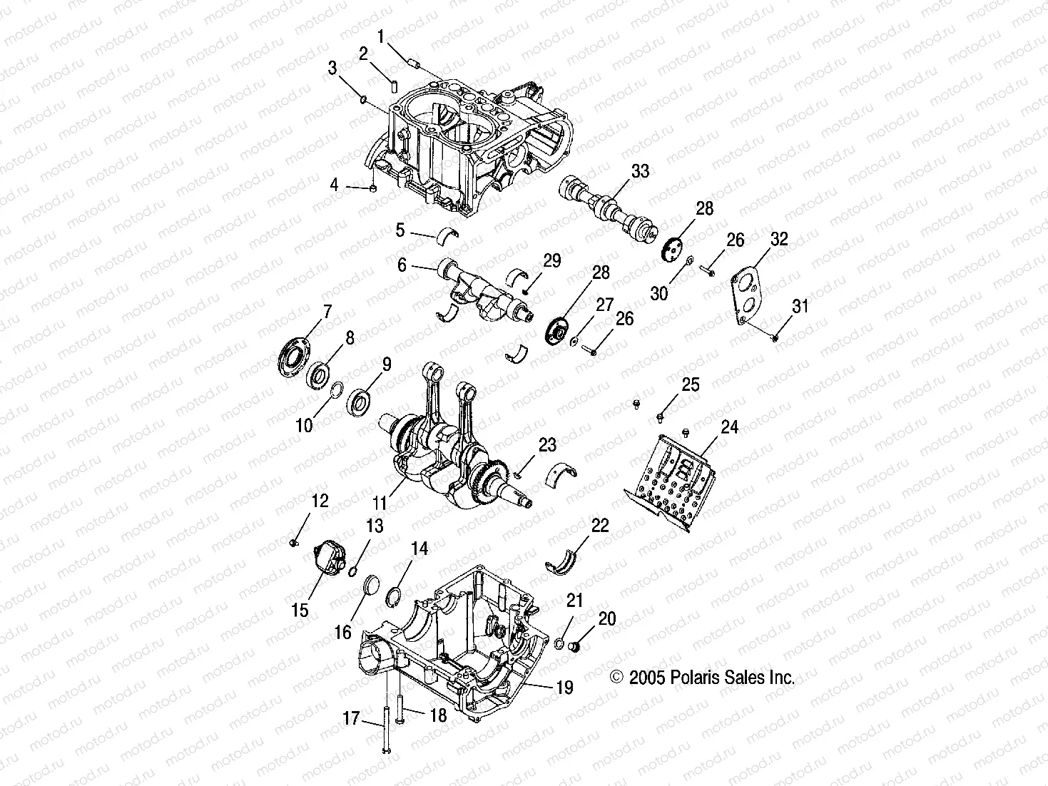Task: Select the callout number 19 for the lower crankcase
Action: (564, 688)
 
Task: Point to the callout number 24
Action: (728, 427)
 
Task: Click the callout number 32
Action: (779, 240)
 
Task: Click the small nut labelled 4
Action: (373, 188)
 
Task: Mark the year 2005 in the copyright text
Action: (646, 678)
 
